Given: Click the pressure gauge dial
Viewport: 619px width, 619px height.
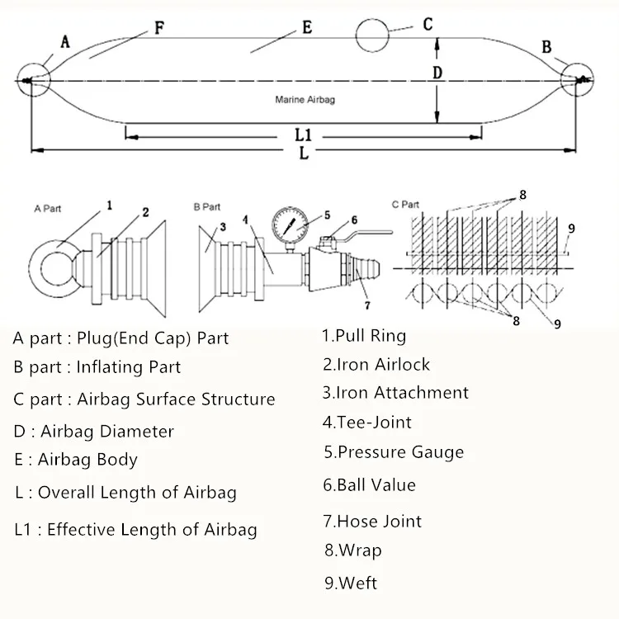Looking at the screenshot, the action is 291,225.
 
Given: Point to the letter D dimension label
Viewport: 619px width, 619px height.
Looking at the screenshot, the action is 437,73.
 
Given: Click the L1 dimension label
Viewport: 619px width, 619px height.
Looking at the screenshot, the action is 303,135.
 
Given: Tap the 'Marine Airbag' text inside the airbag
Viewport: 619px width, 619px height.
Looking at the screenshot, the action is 305,100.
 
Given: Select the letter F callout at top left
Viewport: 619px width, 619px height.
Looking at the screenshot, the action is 159,28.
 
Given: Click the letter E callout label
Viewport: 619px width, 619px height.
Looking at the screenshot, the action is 307,27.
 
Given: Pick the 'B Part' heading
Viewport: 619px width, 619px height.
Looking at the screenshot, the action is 207,207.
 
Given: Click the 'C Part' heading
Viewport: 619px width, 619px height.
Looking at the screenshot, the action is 405,205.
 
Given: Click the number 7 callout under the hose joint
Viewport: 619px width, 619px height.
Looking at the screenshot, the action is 367,305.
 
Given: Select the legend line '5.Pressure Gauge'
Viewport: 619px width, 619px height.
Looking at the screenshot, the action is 394,452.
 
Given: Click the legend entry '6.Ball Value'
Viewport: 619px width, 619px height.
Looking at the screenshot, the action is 369,484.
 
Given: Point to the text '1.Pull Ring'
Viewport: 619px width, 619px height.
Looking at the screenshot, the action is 364,336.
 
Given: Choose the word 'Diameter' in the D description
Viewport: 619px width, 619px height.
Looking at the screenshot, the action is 136,431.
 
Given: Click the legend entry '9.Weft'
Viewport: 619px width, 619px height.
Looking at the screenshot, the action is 351,583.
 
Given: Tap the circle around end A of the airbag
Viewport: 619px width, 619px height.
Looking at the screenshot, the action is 34,64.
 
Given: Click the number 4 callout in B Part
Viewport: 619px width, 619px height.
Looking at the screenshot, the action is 246,220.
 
